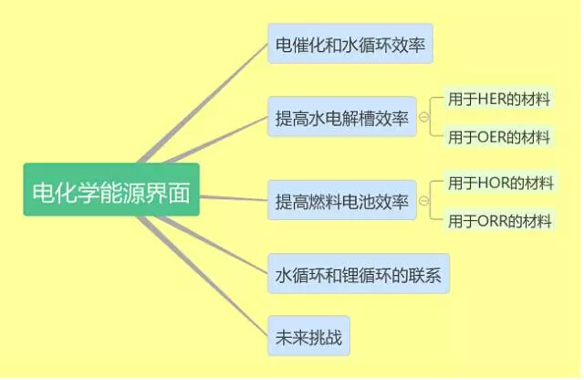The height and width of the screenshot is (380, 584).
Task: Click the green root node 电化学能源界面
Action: coord(111,189)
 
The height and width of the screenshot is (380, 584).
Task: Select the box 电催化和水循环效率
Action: coord(350,44)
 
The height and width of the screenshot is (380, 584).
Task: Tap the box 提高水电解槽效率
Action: coord(342,117)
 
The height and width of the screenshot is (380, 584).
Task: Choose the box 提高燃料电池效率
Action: coord(342,200)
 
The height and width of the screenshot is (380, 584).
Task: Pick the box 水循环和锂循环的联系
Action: coord(359,274)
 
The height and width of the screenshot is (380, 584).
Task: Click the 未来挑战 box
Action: coord(308,336)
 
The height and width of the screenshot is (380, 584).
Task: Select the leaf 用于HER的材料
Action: coord(499,99)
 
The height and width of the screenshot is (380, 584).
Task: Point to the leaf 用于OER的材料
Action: coord(499,137)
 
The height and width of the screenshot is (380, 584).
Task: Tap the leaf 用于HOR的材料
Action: coord(500,183)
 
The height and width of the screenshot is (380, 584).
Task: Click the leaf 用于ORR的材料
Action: coord(499,221)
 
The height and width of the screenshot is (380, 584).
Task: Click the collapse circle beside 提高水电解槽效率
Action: coord(423,117)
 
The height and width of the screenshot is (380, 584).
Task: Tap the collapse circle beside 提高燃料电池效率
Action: coord(423,201)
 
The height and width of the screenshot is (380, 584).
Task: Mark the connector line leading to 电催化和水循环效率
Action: coord(203,103)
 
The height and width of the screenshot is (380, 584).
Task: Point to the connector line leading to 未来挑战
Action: coord(203,276)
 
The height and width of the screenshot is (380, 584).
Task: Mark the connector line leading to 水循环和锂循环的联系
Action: coord(213,245)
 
